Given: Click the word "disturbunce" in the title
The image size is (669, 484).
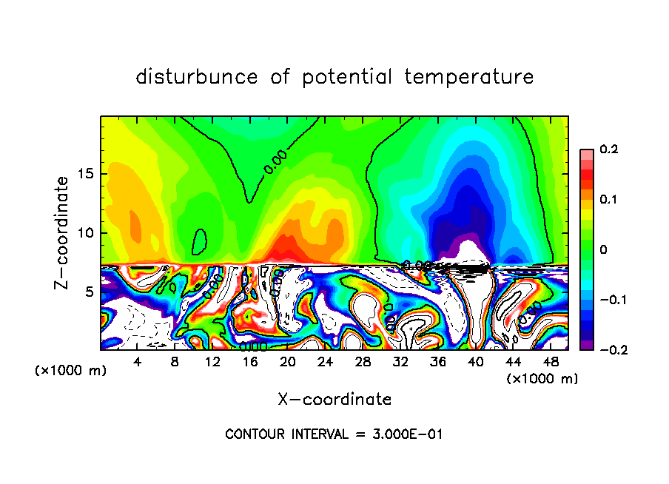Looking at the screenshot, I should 197,77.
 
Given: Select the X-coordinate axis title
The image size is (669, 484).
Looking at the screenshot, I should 334,400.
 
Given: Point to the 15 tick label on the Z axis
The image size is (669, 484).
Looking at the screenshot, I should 86,175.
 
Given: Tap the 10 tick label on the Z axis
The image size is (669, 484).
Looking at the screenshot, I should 86,233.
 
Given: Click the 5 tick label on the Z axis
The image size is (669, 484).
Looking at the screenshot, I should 90,292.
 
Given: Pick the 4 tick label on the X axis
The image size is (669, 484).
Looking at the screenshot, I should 137,363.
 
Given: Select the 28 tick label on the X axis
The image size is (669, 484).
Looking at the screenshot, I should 363,363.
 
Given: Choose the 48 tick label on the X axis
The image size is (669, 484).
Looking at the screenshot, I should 551,363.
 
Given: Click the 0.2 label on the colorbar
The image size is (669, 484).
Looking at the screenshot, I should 608,149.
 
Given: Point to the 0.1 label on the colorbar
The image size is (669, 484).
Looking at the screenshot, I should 608,199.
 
